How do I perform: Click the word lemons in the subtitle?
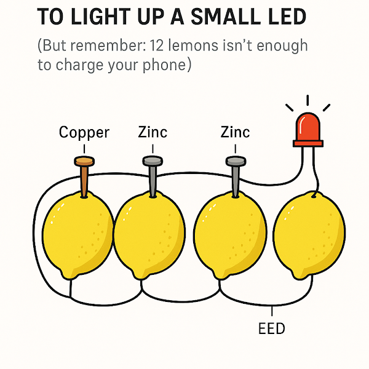tap(208, 46)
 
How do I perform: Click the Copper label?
tap(84, 132)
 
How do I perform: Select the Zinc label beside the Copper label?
tap(153, 132)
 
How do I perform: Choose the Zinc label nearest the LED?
tap(235, 132)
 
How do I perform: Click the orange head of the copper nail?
tap(84, 161)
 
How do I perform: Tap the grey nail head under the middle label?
tap(152, 161)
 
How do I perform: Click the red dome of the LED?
tap(307, 126)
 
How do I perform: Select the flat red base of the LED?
tap(307, 143)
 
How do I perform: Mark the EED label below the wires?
tap(272, 328)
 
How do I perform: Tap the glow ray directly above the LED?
tap(307, 100)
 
